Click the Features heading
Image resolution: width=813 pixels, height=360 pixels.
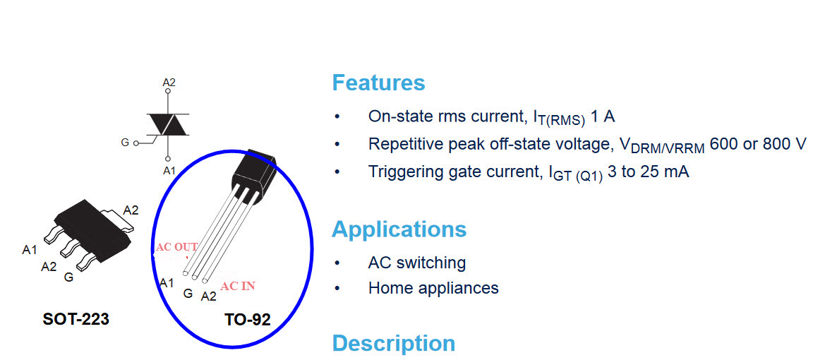point(378,83)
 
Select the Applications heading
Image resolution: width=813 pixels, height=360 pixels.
point(399,229)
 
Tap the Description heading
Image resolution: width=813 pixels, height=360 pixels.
point(394,343)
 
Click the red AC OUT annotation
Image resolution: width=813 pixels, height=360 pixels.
point(177,247)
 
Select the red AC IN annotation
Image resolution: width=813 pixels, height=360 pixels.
point(237,286)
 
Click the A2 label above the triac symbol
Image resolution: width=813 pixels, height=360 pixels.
point(169,82)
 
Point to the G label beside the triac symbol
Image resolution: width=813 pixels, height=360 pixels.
point(125,143)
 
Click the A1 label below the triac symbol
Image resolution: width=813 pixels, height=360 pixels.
point(169,170)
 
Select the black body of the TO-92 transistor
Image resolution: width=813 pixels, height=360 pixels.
point(252,173)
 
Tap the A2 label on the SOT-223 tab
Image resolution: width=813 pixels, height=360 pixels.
point(131,210)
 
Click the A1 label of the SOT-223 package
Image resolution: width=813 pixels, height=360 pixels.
point(30,250)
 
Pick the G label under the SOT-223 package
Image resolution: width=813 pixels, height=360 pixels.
point(68,277)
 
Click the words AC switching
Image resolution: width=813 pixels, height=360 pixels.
point(417,263)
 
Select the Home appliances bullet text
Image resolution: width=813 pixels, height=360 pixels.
point(433,287)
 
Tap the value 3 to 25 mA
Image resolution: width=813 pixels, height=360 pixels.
point(648,172)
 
